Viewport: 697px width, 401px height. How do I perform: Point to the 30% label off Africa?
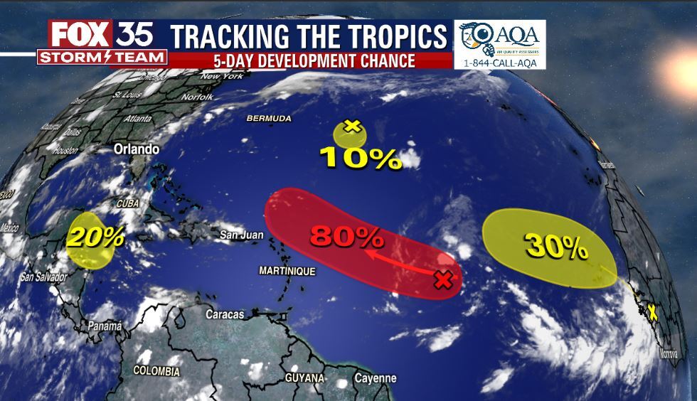click(x=556, y=246)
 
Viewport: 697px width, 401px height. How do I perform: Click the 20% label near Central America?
click(x=95, y=236)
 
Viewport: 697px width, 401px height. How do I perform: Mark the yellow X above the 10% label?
click(x=351, y=126)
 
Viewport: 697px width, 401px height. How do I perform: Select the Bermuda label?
click(x=269, y=118)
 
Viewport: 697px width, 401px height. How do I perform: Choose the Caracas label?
click(x=225, y=314)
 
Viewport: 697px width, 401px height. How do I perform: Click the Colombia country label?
click(x=156, y=370)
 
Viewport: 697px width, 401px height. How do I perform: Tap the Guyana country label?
click(x=304, y=377)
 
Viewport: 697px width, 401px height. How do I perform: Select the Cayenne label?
click(x=375, y=378)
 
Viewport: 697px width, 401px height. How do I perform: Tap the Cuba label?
click(x=128, y=203)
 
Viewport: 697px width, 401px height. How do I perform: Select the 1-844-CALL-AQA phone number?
click(x=500, y=63)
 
